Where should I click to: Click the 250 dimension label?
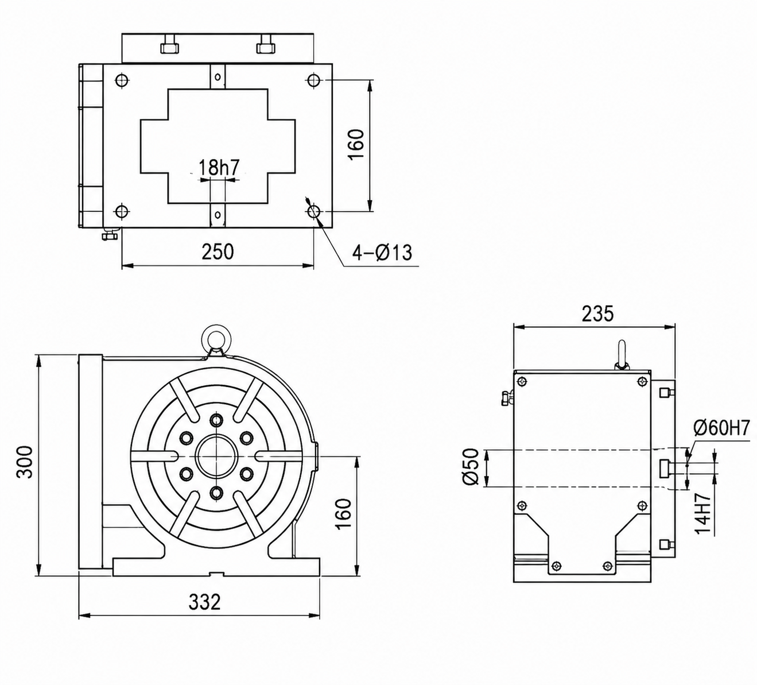coord(218,252)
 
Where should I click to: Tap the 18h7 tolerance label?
coord(219,167)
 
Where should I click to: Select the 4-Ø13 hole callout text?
coord(382,252)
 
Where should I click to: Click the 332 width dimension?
coord(204,602)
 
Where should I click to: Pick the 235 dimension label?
coord(598,314)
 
